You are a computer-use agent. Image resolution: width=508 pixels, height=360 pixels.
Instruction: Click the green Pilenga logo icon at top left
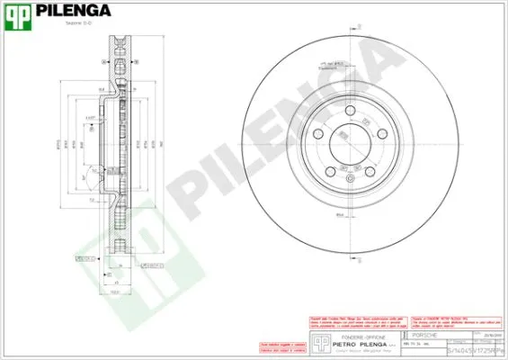point(20,15)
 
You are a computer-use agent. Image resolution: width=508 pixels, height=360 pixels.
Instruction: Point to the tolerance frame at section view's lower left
point(86,258)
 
